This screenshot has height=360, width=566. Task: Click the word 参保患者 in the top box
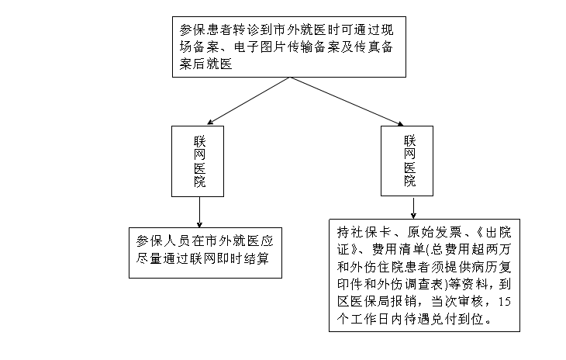pos(204,29)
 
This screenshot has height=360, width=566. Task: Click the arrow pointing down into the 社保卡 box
pos(412,207)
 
